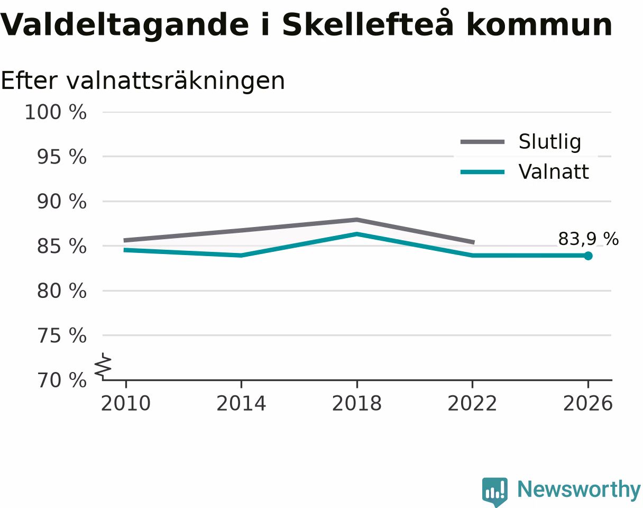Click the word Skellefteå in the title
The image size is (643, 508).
click(368, 24)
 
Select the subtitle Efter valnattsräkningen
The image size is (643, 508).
click(143, 81)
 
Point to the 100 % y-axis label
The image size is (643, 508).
click(56, 112)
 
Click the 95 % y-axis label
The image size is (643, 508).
click(62, 157)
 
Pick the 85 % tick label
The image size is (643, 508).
click(62, 247)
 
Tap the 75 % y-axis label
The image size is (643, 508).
click(62, 335)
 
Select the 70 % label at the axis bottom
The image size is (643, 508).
click(62, 380)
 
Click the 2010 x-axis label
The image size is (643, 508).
click(126, 403)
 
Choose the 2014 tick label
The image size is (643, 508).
click(241, 403)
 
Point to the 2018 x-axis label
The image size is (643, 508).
click(357, 403)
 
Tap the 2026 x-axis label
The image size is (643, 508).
click(587, 403)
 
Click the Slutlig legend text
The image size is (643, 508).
click(550, 142)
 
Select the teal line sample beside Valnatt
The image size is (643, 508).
click(482, 172)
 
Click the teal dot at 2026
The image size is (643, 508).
click(588, 256)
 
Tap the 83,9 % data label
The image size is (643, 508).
click(588, 239)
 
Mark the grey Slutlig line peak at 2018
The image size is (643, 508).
click(357, 220)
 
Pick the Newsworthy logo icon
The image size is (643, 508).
click(495, 491)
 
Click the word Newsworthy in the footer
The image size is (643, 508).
click(579, 490)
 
